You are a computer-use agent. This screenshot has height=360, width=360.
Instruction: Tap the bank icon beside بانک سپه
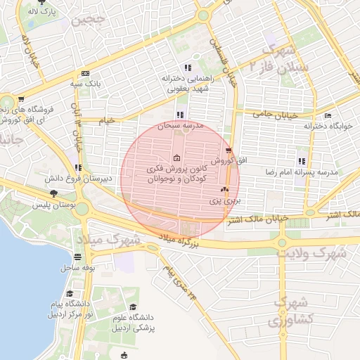coord(85,73)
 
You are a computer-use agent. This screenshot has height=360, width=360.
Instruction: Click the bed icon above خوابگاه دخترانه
coord(328,116)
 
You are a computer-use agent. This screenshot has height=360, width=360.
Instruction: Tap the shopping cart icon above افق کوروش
coord(229,150)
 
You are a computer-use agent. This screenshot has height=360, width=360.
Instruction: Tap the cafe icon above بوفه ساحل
coord(87,257)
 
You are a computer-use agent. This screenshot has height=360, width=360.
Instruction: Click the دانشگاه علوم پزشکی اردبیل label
coord(134,324)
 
